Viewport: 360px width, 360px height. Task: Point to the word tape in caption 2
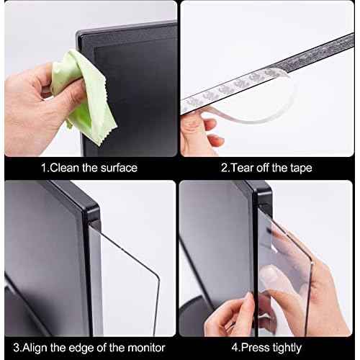[x=299, y=168]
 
